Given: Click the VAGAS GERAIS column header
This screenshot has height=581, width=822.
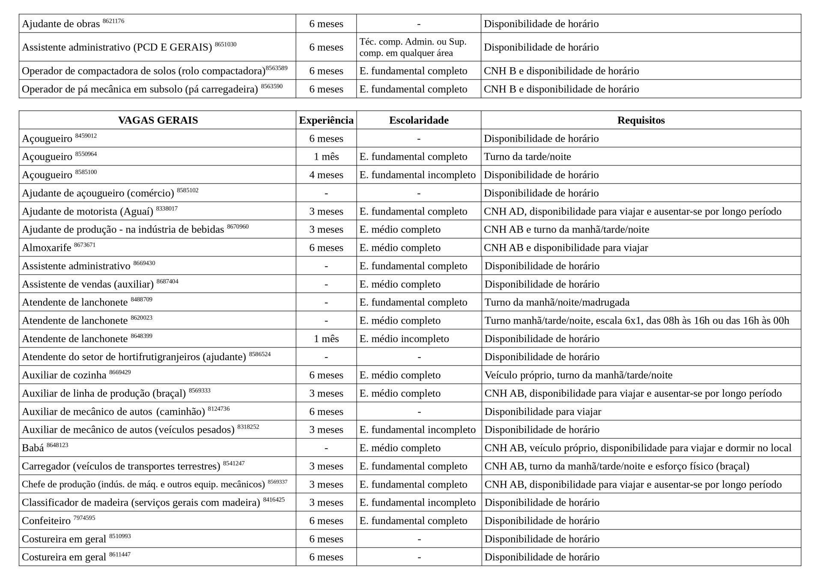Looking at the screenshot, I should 158,120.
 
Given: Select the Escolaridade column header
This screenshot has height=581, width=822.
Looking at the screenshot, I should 418,120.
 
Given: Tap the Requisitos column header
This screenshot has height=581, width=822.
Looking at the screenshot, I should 640,120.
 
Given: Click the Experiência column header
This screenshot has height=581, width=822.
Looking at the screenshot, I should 326,120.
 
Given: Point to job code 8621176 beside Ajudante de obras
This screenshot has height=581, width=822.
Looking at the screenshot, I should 113,21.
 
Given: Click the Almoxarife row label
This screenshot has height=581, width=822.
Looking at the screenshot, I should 47,248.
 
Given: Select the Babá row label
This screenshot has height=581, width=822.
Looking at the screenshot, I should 33,448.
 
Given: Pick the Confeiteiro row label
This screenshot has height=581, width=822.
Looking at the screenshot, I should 46,521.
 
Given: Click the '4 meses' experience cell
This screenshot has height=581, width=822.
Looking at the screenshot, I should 326,175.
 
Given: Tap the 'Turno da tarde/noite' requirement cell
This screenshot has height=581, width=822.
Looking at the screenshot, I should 527,157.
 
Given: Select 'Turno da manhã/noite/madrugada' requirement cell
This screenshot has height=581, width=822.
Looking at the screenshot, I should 557,303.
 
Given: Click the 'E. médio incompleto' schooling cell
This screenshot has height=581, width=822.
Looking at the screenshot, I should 404,339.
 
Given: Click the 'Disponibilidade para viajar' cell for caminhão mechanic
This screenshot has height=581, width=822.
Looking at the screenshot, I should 542,412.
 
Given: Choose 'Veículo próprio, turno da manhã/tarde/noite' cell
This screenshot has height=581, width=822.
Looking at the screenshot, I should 578,375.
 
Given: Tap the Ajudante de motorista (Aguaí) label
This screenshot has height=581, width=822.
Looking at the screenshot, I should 87,212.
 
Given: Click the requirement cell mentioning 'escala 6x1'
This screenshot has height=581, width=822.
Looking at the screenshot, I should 636,321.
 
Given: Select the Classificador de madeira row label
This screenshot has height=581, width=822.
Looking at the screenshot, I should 141,503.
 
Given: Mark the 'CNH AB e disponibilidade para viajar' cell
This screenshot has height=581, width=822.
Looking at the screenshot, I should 566,248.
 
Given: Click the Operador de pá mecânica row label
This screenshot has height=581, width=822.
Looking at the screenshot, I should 140,89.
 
